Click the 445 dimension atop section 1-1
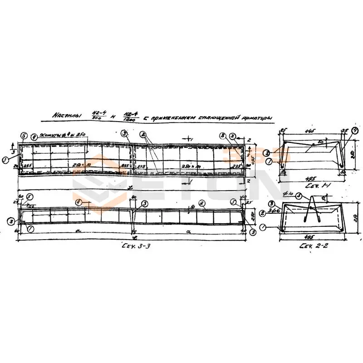tap(310, 132)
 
